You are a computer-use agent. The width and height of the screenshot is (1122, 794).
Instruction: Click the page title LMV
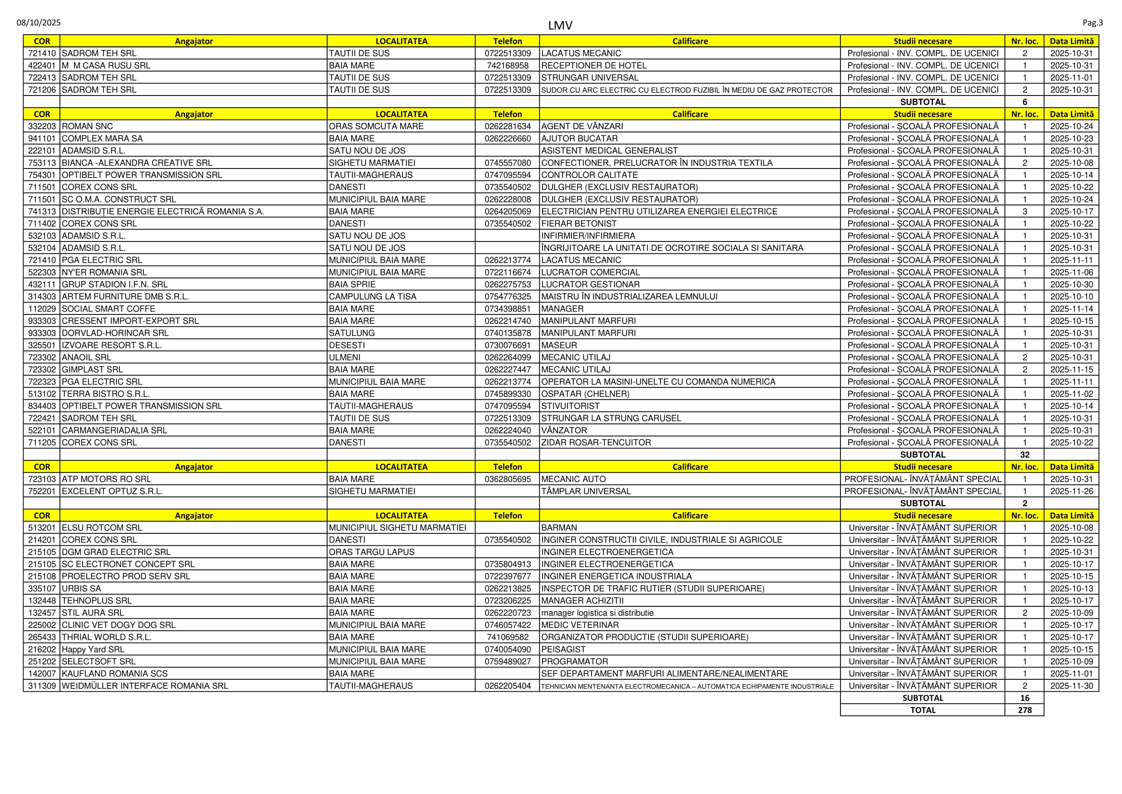pos(560,25)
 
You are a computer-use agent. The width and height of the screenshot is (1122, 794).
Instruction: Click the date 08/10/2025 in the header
pos(38,23)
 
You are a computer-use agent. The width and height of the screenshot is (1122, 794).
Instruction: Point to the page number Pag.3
pos(1093,23)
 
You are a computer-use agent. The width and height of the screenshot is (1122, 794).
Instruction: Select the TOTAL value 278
pos(1024,710)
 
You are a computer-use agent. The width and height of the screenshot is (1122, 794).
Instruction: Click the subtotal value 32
pos(1024,454)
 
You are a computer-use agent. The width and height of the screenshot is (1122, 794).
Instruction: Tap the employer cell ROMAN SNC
pos(87,126)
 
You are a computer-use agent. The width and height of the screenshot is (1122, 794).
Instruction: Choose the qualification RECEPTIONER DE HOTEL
pos(594,65)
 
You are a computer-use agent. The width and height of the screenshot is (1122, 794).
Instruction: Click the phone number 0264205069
pos(507,211)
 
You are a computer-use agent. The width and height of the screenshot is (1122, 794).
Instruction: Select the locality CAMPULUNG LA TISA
pos(372,296)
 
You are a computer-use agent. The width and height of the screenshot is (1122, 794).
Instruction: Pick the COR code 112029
pos(42,309)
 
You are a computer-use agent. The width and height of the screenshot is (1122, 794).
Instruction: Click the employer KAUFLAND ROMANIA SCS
pos(115,673)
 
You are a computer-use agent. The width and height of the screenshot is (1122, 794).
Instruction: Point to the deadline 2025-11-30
pos(1071,686)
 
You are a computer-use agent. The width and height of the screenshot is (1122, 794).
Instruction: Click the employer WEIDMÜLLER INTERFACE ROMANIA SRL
pos(145,686)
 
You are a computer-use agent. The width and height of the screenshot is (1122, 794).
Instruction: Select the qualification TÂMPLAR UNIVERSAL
pos(586,491)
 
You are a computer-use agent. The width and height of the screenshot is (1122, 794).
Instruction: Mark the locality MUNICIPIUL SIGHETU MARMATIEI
pos(398,528)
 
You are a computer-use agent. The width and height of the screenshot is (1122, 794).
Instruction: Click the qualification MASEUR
pos(559,345)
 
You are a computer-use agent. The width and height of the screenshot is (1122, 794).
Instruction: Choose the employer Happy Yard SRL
pos(94,650)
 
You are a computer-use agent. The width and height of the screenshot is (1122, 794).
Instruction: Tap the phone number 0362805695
pos(507,479)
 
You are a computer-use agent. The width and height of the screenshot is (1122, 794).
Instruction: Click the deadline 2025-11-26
pos(1071,491)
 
